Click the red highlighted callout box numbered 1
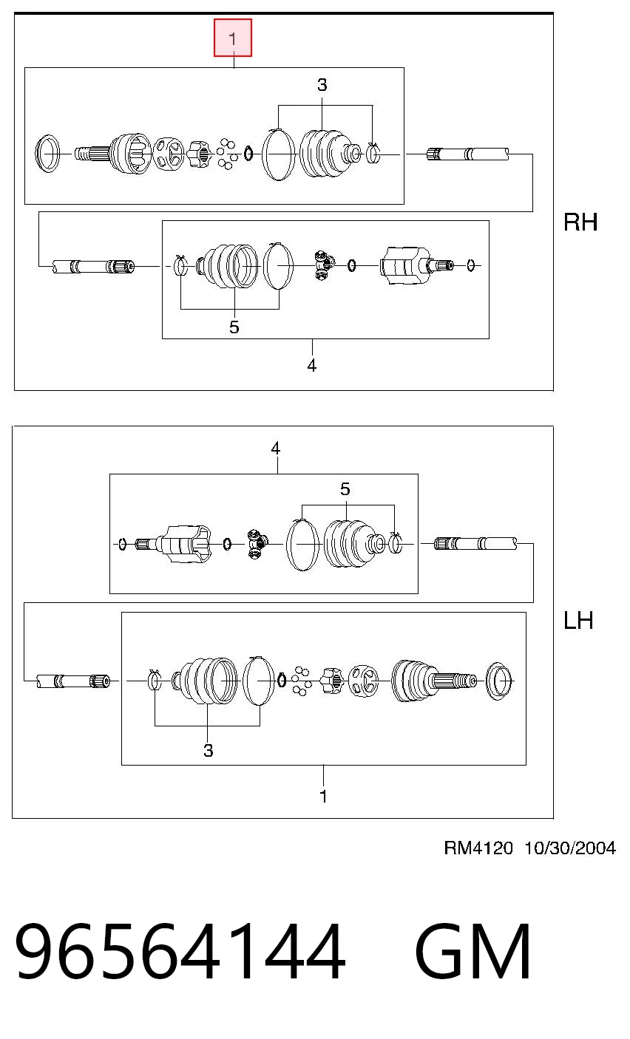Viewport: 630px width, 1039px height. [233, 38]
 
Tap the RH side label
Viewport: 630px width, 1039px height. [580, 222]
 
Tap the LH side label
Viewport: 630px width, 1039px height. [578, 621]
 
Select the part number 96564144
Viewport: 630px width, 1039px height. [180, 950]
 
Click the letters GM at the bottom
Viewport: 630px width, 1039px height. [472, 950]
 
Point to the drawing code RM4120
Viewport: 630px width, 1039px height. [478, 848]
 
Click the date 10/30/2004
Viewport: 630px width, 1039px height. [570, 848]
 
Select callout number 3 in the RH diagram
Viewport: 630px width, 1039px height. [322, 85]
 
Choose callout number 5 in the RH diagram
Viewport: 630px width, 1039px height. [234, 327]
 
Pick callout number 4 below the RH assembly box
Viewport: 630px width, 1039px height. [311, 366]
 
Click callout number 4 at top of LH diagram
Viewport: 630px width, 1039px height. [276, 449]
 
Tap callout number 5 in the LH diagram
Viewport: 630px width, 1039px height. [345, 489]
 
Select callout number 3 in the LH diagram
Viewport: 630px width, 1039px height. [208, 751]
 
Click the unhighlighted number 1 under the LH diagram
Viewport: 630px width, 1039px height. [324, 797]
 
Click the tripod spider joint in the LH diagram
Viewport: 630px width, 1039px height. [257, 544]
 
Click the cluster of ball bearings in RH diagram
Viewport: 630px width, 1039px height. [227, 154]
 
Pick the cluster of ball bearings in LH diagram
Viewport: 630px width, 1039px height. [301, 681]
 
